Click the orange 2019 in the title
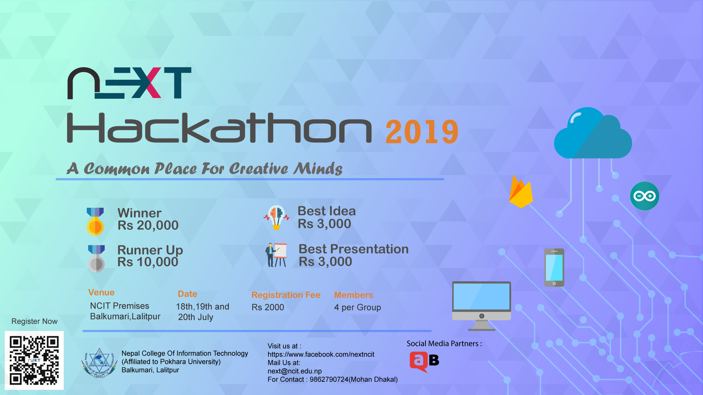pyautogui.click(x=422, y=132)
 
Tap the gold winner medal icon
pyautogui.click(x=95, y=221)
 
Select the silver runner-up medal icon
pyautogui.click(x=96, y=259)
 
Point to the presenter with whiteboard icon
pyautogui.click(x=276, y=255)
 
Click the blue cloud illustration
pyautogui.click(x=593, y=133)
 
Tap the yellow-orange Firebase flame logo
pyautogui.click(x=521, y=192)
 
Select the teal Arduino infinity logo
pyautogui.click(x=644, y=196)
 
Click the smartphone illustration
pyautogui.click(x=554, y=267)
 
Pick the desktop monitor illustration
pyautogui.click(x=481, y=306)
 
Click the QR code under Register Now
pyautogui.click(x=34, y=360)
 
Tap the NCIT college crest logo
pyautogui.click(x=99, y=363)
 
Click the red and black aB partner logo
pyautogui.click(x=424, y=362)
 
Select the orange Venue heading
pyautogui.click(x=101, y=293)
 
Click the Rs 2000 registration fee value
pyautogui.click(x=268, y=307)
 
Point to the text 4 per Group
pyautogui.click(x=357, y=308)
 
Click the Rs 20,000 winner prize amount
pyautogui.click(x=148, y=225)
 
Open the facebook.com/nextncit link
pyautogui.click(x=321, y=354)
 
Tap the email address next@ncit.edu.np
pyautogui.click(x=295, y=371)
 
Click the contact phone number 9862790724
pyautogui.click(x=329, y=380)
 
